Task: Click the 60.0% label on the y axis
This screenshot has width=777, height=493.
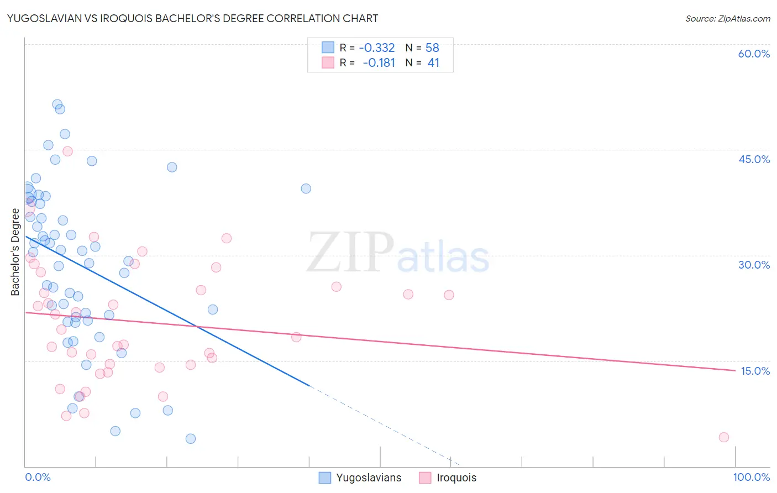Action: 754,54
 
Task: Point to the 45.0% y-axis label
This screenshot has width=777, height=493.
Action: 754,159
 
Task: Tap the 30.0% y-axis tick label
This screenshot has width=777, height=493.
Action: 754,265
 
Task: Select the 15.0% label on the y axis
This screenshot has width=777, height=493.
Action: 755,371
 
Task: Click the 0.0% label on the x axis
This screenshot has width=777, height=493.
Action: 38,477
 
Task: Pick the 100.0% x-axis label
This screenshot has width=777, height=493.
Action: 751,477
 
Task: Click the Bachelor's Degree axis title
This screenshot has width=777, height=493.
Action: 15,252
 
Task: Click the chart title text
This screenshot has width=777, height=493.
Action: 192,18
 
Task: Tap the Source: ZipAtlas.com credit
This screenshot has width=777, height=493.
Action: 727,18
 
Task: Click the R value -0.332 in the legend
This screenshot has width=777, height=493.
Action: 377,48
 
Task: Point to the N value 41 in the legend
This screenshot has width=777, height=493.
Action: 433,62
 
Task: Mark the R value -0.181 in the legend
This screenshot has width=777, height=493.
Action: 379,62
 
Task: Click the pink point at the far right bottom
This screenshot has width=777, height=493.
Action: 724,437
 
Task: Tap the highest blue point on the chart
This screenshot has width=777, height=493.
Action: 57,104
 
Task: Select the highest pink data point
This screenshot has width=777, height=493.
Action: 67,151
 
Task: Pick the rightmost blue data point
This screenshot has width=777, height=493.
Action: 306,188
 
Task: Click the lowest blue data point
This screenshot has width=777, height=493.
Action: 191,438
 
